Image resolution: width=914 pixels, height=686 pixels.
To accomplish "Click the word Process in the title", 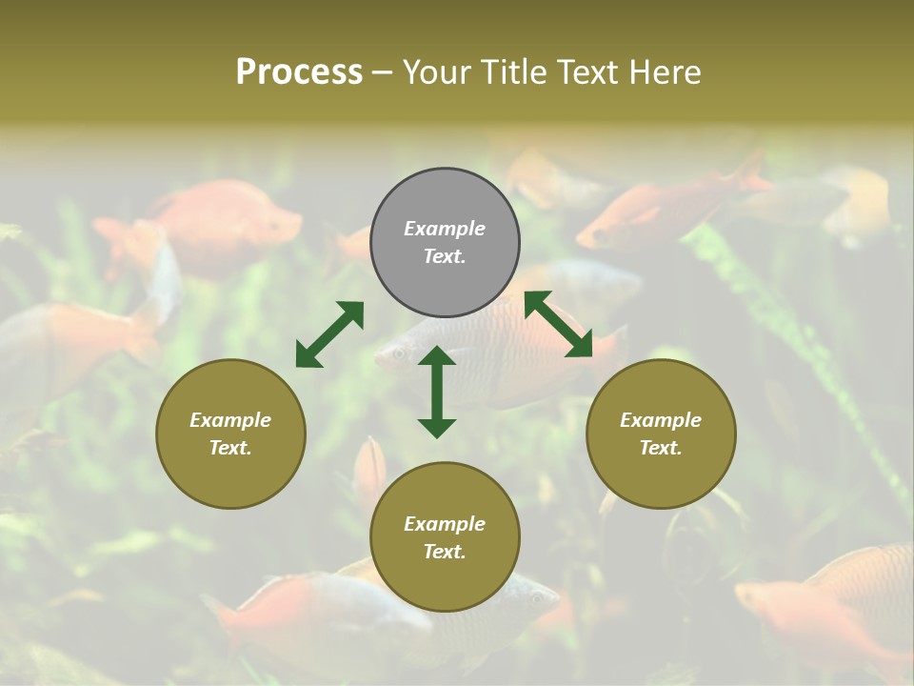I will tap(299, 72).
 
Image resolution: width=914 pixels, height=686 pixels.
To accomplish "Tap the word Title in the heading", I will tap(531, 72).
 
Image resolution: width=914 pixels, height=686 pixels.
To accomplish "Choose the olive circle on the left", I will tap(230, 434).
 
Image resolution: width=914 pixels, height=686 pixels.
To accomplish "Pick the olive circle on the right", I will tap(661, 434).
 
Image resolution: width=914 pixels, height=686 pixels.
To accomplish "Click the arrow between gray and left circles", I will tap(329, 334).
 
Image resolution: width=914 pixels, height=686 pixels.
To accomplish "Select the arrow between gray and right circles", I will tap(559, 324).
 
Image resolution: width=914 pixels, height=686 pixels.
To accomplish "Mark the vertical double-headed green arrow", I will tap(437, 392).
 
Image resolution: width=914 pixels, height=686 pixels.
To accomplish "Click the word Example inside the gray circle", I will tap(445, 229).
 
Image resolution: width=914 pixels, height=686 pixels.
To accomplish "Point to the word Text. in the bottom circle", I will tap(445, 552).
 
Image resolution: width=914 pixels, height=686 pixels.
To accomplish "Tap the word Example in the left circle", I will tap(230, 420).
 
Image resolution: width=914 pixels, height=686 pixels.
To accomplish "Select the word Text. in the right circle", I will tap(661, 448).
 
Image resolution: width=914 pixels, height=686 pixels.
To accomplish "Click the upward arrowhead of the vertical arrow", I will tap(437, 355).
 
